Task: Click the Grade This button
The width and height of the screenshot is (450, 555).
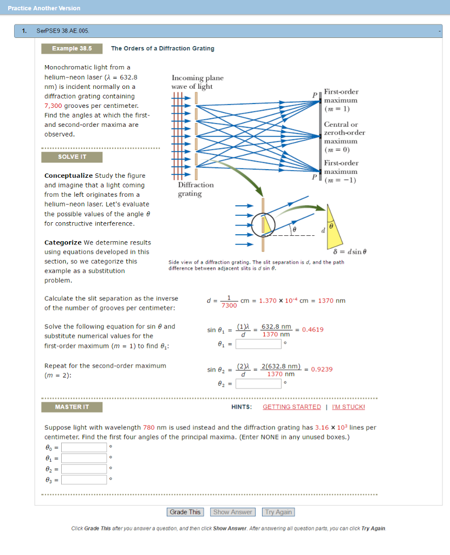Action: [185, 512]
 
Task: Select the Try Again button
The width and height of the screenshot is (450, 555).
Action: [278, 512]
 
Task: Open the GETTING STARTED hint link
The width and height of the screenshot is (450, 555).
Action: [291, 407]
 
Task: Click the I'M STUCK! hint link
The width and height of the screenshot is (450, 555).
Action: [348, 407]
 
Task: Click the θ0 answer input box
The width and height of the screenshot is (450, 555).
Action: [84, 447]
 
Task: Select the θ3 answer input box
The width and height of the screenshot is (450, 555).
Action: [84, 480]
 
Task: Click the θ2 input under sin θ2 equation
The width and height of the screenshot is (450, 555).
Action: [258, 384]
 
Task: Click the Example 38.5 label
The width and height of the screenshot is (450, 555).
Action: [71, 49]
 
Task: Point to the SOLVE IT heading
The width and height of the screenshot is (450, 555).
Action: [71, 157]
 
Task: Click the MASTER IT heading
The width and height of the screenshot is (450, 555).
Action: [71, 407]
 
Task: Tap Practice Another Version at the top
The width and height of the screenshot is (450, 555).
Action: [44, 8]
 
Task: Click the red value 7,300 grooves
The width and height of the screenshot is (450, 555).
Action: [54, 106]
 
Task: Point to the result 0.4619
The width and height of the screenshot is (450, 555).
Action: [313, 330]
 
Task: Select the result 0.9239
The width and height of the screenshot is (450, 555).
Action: [322, 369]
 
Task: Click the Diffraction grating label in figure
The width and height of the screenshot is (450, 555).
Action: [196, 189]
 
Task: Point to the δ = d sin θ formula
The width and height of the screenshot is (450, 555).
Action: [349, 251]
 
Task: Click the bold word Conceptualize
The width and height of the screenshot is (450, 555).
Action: [68, 176]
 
